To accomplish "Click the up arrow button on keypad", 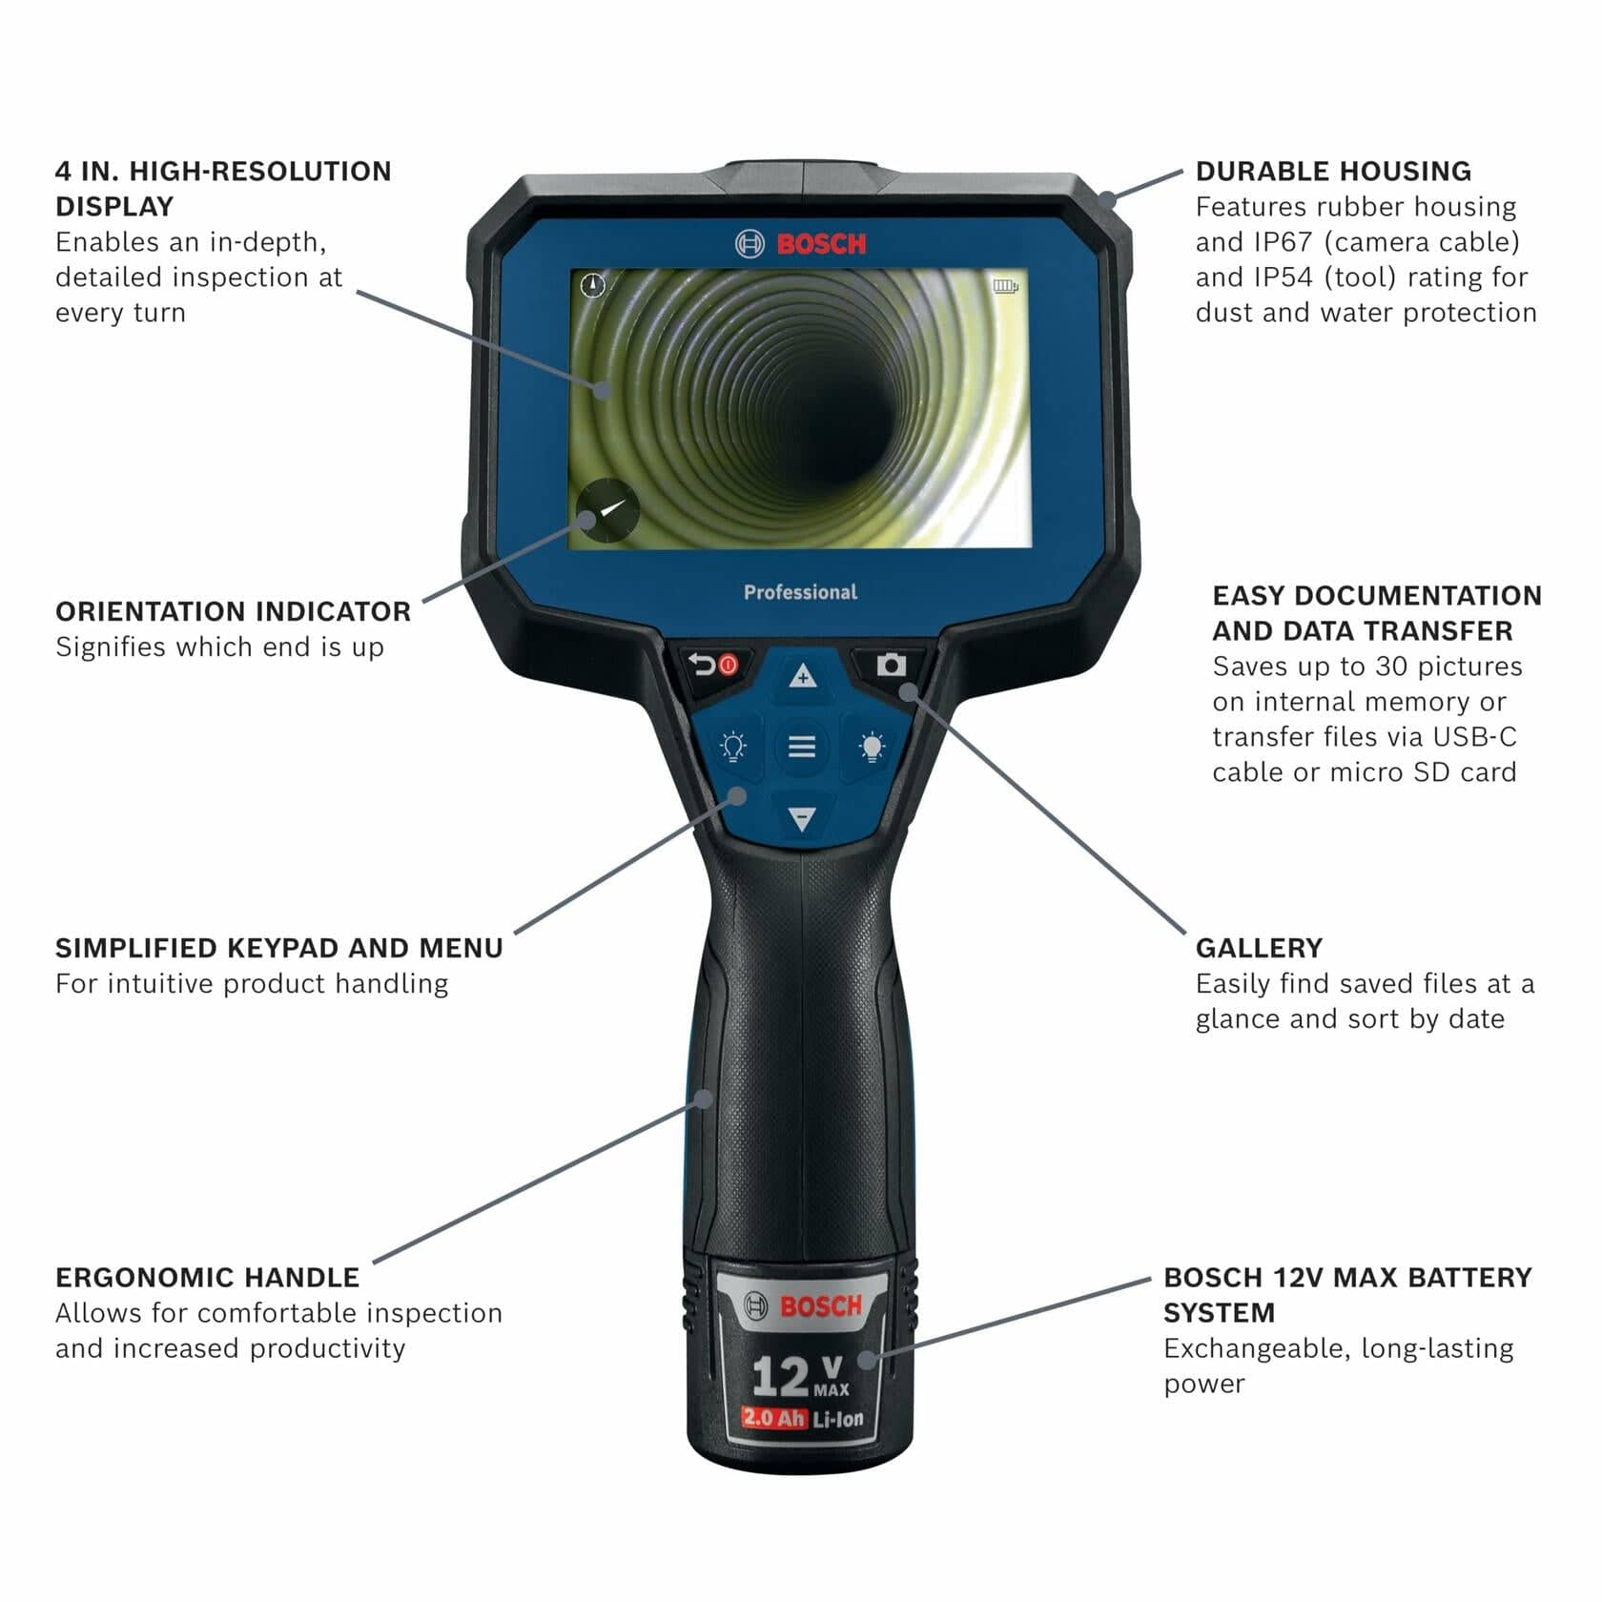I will (803, 676).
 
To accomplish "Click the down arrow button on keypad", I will (803, 818).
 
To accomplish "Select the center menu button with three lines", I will (802, 747).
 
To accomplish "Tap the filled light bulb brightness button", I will (872, 747).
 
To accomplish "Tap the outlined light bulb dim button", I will (732, 747).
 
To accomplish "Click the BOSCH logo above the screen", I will (801, 244).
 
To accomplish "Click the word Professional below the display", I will (800, 592).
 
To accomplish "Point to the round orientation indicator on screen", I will (606, 511).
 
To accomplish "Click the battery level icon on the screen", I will (1005, 285).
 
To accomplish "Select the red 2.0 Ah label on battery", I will (773, 1418).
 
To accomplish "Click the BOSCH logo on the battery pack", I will (803, 1305).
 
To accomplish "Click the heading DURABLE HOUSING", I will (1332, 172).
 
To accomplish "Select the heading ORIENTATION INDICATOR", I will (233, 611).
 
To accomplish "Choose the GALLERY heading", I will (1259, 948).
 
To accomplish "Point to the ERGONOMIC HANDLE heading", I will (207, 1277).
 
